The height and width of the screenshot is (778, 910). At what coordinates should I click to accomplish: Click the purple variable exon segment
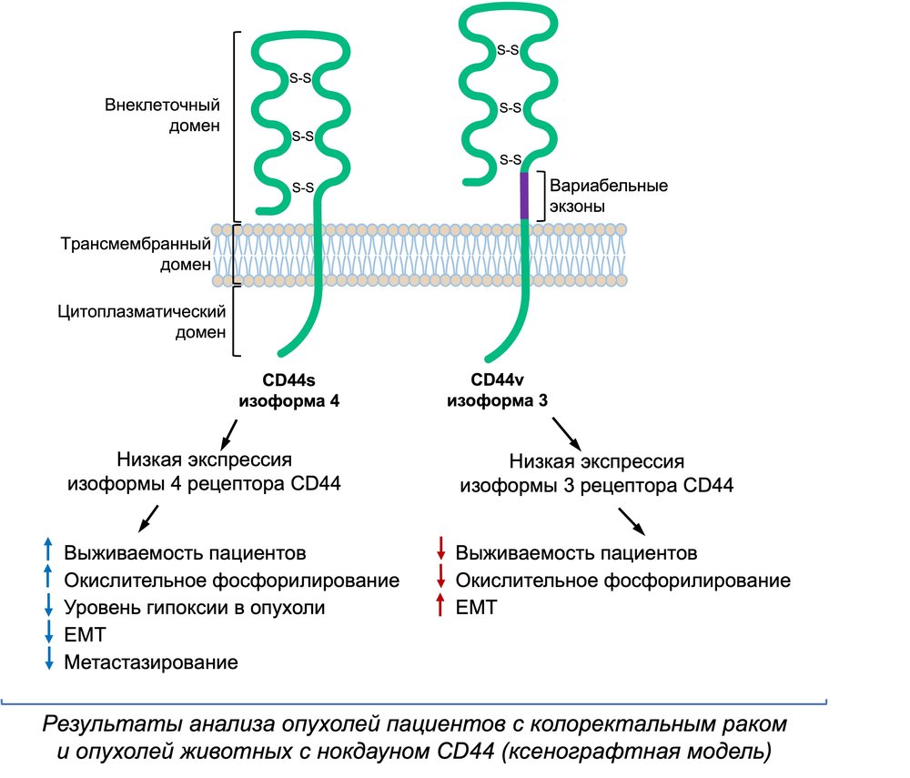coord(524,195)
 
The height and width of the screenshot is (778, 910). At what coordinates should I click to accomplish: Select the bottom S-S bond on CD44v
coord(510,160)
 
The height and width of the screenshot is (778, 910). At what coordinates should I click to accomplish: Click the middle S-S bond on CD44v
coord(511,107)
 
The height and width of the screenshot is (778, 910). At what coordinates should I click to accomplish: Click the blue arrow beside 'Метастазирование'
coord(49,662)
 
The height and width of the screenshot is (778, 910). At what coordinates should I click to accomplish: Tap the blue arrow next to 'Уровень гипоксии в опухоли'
coord(49,606)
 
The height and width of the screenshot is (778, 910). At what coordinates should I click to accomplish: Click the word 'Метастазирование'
coord(151,662)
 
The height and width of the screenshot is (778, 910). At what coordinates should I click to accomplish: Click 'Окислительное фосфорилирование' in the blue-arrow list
coord(232,580)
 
